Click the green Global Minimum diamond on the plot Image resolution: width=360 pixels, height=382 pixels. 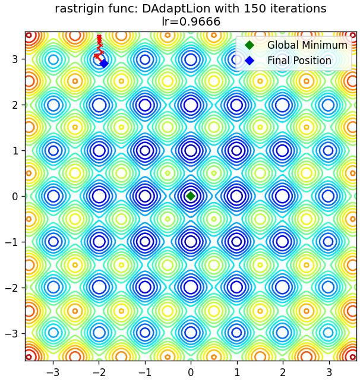pos(191,196)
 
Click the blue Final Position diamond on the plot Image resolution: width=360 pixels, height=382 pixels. pos(104,64)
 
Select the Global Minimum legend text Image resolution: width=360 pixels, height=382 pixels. pos(307,45)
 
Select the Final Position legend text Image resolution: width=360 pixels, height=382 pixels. pos(299,61)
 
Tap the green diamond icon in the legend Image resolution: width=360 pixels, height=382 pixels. pos(250,45)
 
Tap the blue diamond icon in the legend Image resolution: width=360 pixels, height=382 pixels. pos(250,61)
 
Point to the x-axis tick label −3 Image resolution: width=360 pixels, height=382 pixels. pos(53,372)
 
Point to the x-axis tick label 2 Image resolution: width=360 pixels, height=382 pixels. pos(282,372)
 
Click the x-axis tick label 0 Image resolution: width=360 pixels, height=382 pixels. pos(191,372)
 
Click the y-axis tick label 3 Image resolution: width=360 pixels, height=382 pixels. pos(15,59)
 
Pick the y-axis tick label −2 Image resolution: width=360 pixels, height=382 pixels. pos(12,288)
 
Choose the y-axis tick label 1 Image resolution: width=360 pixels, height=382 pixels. pos(15,150)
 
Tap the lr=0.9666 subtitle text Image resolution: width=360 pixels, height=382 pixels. pos(191,21)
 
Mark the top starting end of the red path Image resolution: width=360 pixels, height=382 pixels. pos(99,36)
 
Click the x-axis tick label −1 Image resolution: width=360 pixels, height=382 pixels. pos(145,372)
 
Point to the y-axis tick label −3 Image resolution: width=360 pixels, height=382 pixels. pos(12,333)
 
